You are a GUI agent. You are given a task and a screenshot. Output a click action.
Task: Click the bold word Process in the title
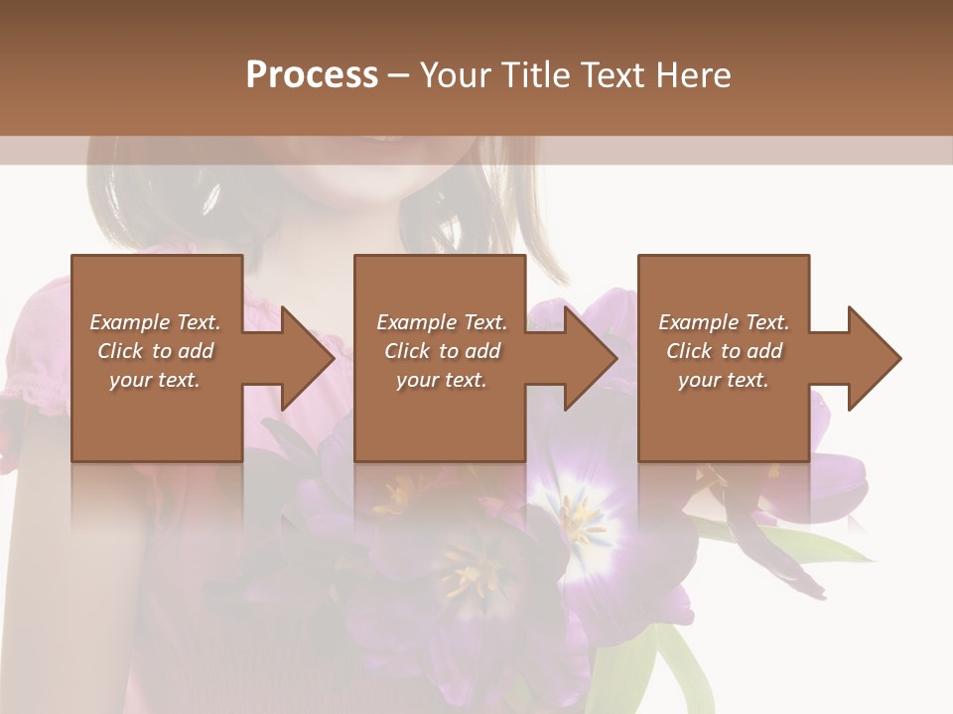point(312,74)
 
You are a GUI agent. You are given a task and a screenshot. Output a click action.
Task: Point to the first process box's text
point(156,351)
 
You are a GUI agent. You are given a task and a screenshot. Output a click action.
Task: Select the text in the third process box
point(724,351)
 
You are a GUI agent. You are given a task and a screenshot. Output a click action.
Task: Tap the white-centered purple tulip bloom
point(576,516)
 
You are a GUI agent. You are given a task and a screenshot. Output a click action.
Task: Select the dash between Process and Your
point(399,74)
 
